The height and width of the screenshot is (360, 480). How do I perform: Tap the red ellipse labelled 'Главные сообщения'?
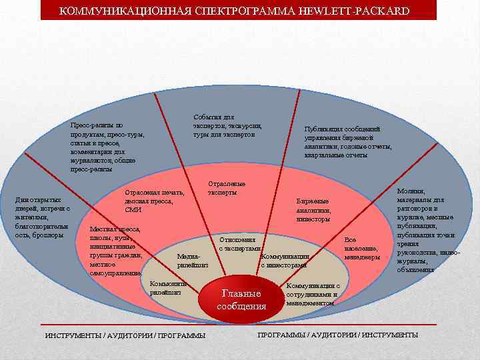tap(241, 300)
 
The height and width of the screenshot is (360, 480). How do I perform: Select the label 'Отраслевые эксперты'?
tap(227, 188)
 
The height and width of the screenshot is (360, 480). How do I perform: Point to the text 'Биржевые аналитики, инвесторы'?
tap(313, 209)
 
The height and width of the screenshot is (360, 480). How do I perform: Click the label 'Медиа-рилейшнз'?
tap(193, 261)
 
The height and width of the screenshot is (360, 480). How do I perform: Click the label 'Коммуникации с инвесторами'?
tap(285, 261)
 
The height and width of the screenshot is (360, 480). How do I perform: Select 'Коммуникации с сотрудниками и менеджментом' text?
tap(313, 294)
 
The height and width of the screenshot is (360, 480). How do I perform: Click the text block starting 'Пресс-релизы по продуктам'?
tap(107, 147)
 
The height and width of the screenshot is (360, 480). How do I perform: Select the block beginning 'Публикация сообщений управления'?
tap(347, 141)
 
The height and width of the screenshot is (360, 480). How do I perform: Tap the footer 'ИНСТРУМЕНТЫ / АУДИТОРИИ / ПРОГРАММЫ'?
tap(125, 335)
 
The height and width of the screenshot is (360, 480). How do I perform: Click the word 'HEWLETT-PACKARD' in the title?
tap(361, 11)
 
